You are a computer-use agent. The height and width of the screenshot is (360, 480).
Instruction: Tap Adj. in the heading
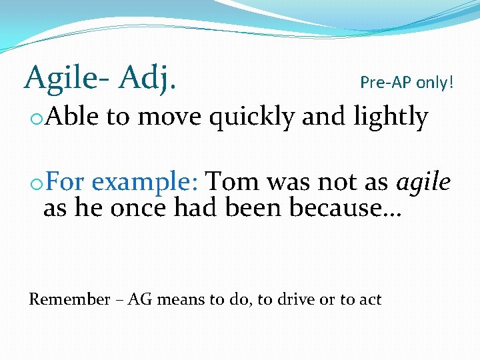point(147,79)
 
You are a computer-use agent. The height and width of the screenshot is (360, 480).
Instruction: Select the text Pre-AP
point(385,83)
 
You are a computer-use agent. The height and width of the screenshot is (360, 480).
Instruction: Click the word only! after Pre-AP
point(435,83)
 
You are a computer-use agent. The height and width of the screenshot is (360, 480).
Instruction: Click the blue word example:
point(145,182)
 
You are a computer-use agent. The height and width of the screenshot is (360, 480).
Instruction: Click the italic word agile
point(424,182)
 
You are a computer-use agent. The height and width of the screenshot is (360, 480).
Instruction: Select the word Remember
point(69,299)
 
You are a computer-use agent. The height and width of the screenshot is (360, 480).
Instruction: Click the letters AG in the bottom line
point(140,299)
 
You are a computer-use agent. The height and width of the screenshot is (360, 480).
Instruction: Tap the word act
point(370,299)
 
